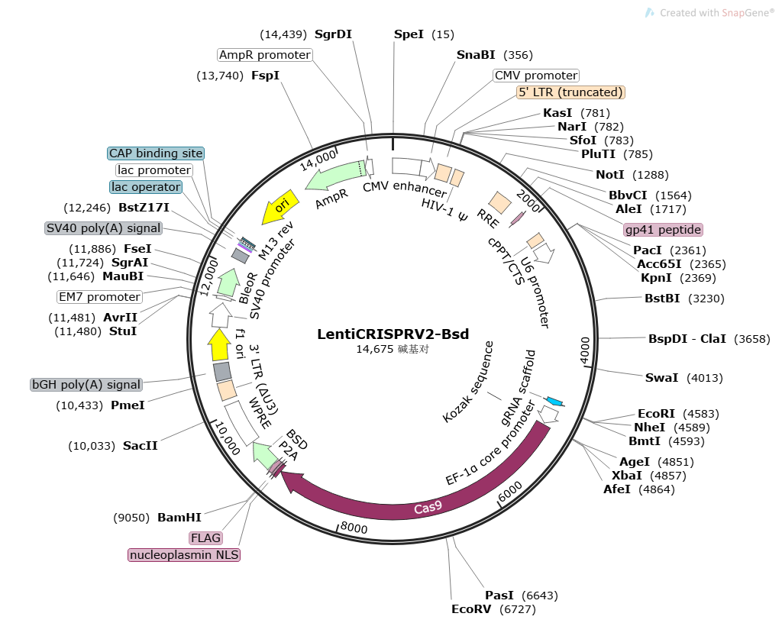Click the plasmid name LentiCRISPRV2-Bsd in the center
click(x=393, y=334)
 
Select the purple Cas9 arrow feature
click(x=428, y=507)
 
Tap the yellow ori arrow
click(x=280, y=208)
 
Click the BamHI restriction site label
click(x=179, y=517)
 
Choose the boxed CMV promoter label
click(x=536, y=76)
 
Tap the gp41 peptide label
click(x=663, y=230)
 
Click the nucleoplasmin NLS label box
click(x=184, y=555)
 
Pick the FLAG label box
click(x=205, y=538)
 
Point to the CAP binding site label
click(x=156, y=153)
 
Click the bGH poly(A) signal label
click(x=86, y=385)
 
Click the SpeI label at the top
click(x=409, y=34)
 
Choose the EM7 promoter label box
click(x=99, y=297)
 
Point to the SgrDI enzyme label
click(x=338, y=34)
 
